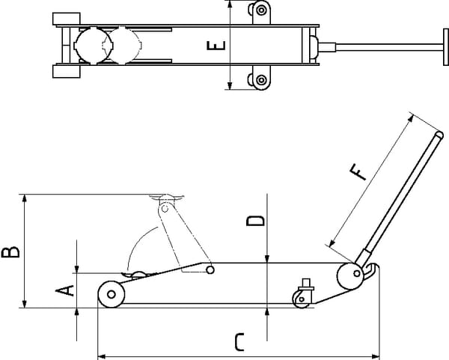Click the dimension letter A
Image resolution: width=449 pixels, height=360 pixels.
[x=66, y=290]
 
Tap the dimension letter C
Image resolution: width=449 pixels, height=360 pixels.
[x=239, y=343]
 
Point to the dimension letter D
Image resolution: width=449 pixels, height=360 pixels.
[x=256, y=221]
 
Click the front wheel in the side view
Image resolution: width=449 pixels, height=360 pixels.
[x=111, y=293]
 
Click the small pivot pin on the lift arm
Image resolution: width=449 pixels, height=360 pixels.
[x=210, y=269]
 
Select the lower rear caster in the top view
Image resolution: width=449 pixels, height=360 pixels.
[x=260, y=80]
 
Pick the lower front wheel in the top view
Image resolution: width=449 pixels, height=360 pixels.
[x=67, y=72]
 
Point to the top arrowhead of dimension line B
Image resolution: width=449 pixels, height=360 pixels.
[x=25, y=198]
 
